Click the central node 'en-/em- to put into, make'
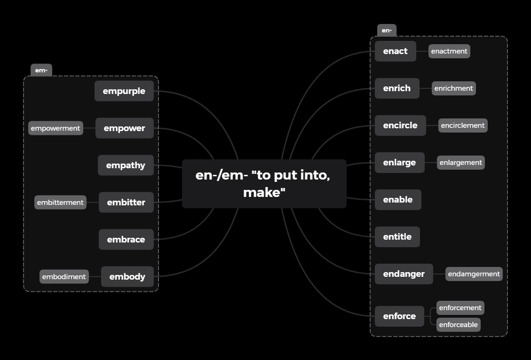point(264,183)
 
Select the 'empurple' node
point(124,91)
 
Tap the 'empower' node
point(125,128)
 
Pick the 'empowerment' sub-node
point(55,128)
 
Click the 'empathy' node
point(126,165)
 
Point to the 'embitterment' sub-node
point(60,203)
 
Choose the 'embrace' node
point(126,240)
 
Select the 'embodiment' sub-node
point(64,277)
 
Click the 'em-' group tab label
point(41,70)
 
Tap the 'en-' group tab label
point(387,31)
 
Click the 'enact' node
point(395,51)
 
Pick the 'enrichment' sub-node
point(453,88)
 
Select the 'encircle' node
point(400,125)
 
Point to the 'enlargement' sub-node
point(460,163)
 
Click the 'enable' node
point(398,200)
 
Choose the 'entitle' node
point(397,237)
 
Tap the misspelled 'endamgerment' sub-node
point(474,274)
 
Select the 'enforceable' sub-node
point(458,325)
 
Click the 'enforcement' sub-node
point(460,308)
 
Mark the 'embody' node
point(127,277)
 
